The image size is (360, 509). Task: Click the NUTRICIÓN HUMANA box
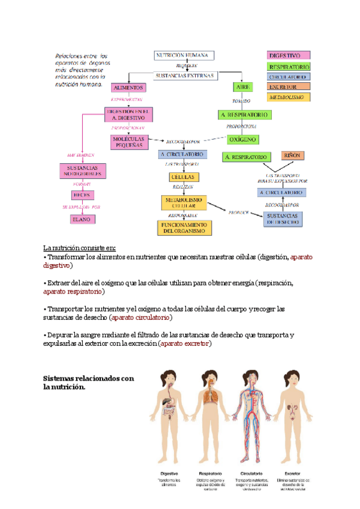[182, 56]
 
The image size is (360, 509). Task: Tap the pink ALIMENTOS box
[128, 87]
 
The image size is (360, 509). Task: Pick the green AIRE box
[243, 87]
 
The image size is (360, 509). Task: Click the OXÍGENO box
[243, 139]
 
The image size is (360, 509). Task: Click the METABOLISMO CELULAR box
[183, 202]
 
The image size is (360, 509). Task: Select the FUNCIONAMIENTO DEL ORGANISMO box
[183, 227]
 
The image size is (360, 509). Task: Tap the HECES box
[82, 194]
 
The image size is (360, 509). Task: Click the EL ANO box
[82, 220]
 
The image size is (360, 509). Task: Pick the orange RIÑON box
[292, 155]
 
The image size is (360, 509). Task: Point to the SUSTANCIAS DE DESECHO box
[283, 218]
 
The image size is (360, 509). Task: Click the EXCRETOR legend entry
[288, 87]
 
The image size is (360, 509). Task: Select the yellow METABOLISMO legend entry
[288, 97]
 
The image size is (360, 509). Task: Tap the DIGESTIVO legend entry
[288, 56]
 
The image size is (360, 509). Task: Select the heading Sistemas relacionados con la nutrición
[88, 382]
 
